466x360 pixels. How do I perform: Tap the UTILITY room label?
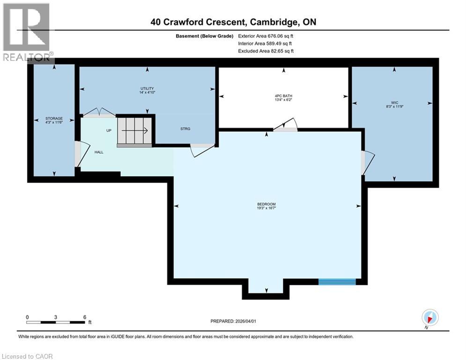pyautogui.click(x=147, y=89)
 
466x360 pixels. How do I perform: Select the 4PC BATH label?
pyautogui.click(x=283, y=96)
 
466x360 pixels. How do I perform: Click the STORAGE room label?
pyautogui.click(x=54, y=119)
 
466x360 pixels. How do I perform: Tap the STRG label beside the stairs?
pyautogui.click(x=185, y=128)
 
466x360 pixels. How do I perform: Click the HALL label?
pyautogui.click(x=98, y=152)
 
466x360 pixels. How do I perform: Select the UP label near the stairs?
pyautogui.click(x=109, y=130)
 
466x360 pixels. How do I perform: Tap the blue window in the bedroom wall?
pyautogui.click(x=337, y=281)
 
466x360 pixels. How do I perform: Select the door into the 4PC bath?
pyautogui.click(x=285, y=126)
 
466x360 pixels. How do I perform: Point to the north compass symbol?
pyautogui.click(x=429, y=318)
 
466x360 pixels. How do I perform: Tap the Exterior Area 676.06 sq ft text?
pyautogui.click(x=266, y=36)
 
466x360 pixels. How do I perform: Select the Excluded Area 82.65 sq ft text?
pyautogui.click(x=266, y=51)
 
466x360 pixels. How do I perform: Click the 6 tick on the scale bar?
pyautogui.click(x=85, y=317)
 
